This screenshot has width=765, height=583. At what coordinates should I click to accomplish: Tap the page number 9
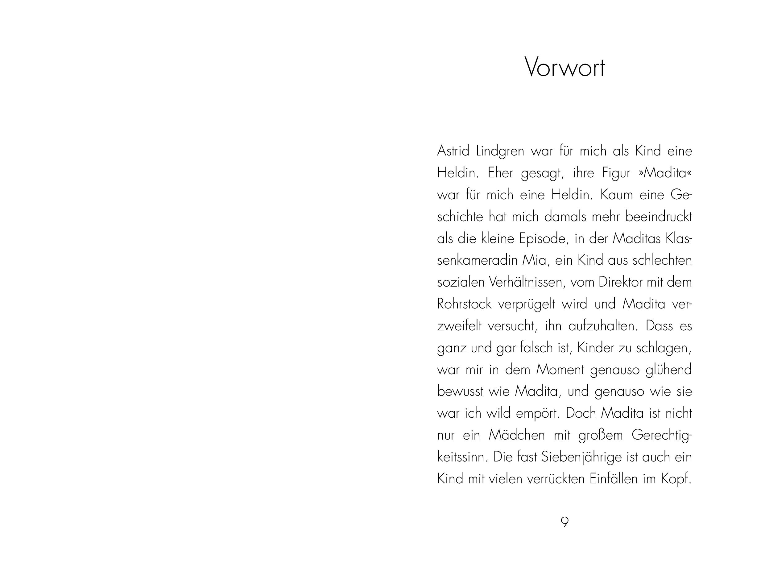564,522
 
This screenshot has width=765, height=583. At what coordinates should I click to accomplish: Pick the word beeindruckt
659,217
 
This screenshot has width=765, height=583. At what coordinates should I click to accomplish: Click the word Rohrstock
464,304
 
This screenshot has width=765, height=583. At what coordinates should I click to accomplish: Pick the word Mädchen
517,435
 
